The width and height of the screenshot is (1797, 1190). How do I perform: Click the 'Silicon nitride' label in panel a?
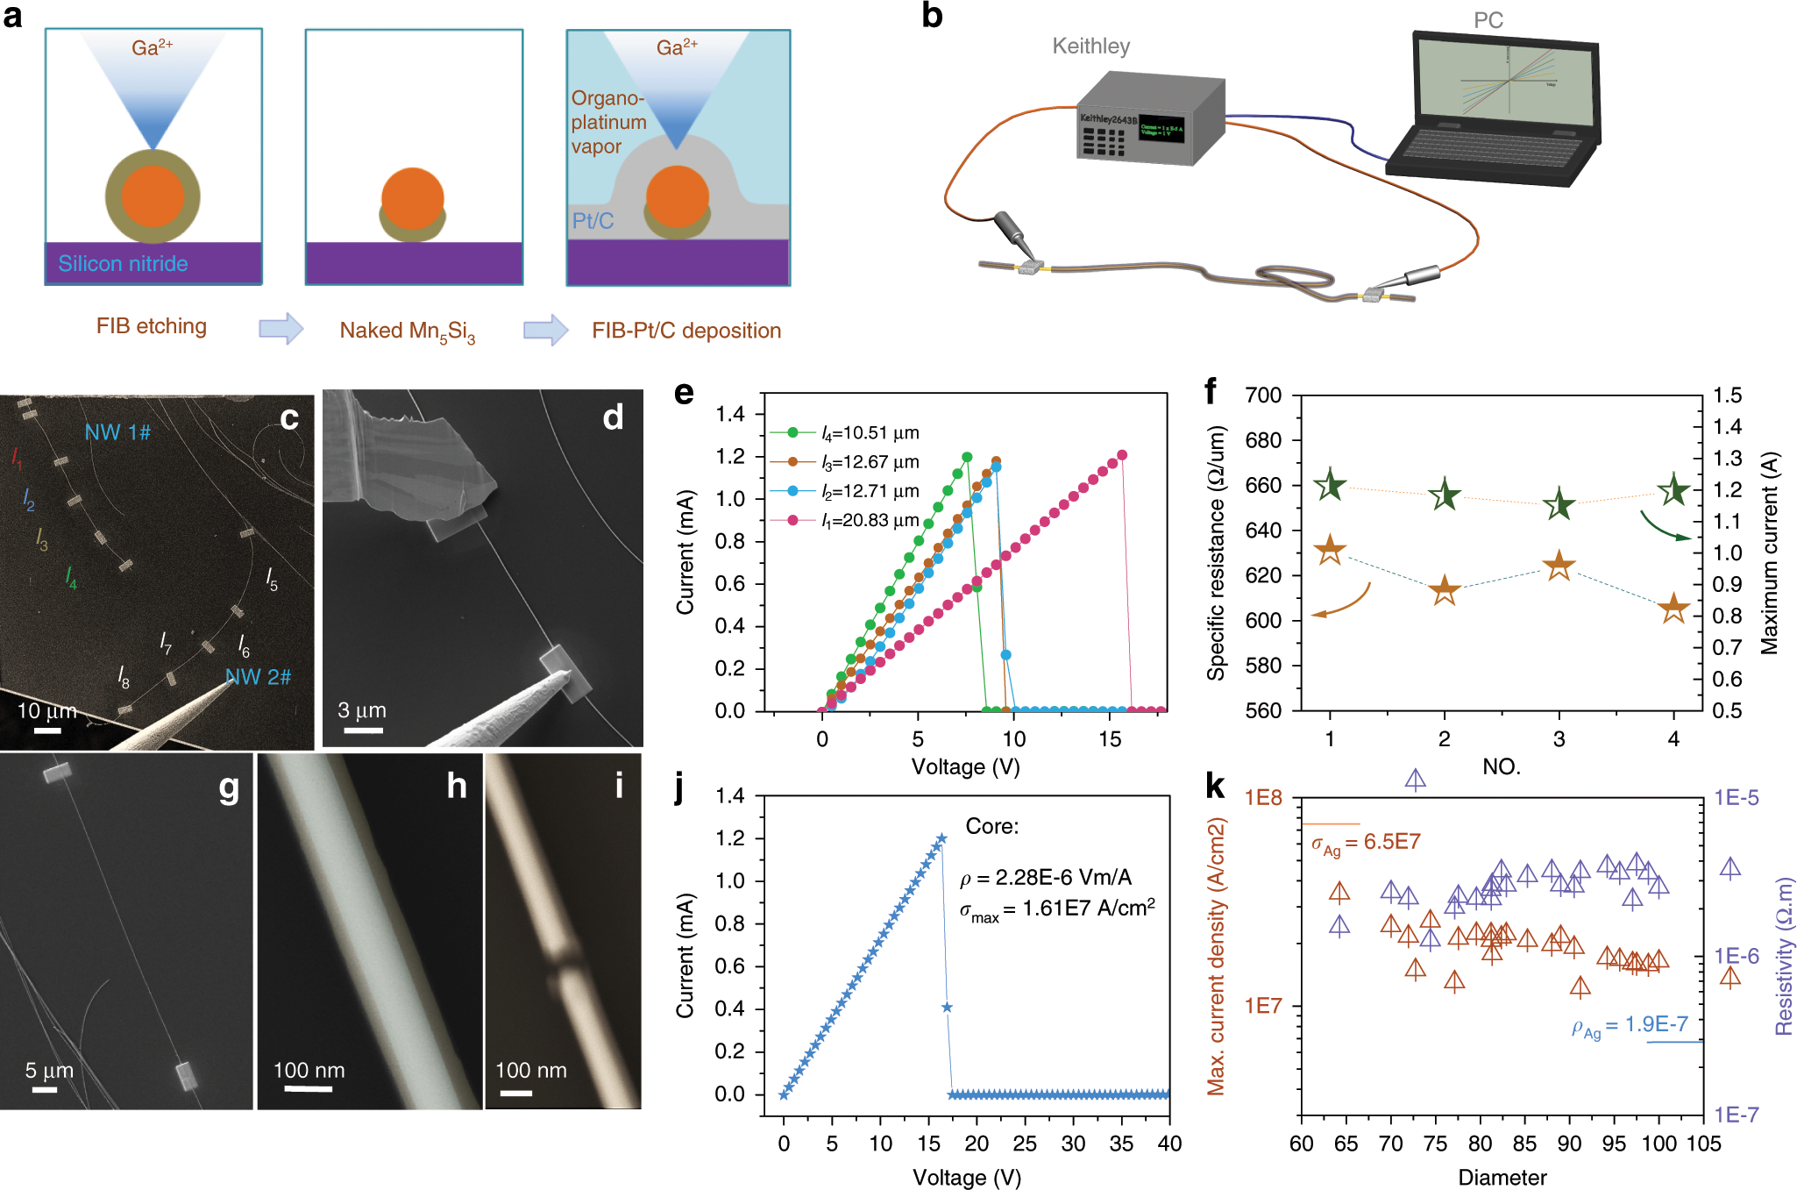click(123, 263)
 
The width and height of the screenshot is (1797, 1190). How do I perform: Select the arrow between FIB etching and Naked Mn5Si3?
click(281, 329)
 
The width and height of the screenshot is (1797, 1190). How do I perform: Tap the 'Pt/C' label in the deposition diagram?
click(593, 221)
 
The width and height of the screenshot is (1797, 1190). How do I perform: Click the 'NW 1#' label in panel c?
click(117, 432)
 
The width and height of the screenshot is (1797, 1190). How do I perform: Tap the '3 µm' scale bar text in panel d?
click(362, 710)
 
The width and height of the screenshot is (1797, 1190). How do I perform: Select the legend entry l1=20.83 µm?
click(870, 521)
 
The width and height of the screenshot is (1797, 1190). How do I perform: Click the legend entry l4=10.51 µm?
click(870, 433)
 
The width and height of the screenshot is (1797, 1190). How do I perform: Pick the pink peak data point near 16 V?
click(1122, 455)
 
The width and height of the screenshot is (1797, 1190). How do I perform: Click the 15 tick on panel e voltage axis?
click(1110, 739)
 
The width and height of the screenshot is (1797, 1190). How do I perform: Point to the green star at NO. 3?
click(1559, 504)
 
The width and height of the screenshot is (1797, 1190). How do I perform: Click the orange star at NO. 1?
click(1330, 550)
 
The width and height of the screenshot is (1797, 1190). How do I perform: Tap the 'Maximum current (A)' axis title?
click(1770, 553)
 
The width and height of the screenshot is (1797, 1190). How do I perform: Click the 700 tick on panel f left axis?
click(1263, 395)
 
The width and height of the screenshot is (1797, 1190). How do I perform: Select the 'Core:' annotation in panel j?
click(991, 826)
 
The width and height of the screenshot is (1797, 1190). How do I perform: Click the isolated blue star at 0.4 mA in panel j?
click(947, 1008)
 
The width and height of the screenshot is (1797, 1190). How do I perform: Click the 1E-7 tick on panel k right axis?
click(1736, 1115)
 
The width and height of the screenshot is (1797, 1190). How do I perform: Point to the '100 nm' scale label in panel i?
click(530, 1071)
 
